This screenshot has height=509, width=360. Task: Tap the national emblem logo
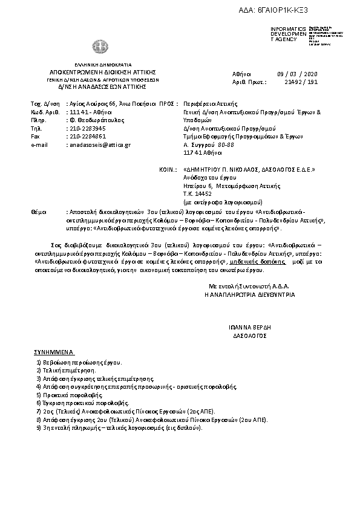[x=99, y=47]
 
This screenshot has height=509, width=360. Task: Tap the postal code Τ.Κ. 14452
[x=197, y=194]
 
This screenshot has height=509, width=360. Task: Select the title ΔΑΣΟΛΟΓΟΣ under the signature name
[x=249, y=335]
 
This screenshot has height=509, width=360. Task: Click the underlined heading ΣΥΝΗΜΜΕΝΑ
[x=54, y=351]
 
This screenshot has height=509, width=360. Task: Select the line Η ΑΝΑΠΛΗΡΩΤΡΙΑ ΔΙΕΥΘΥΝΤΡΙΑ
[x=250, y=294]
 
